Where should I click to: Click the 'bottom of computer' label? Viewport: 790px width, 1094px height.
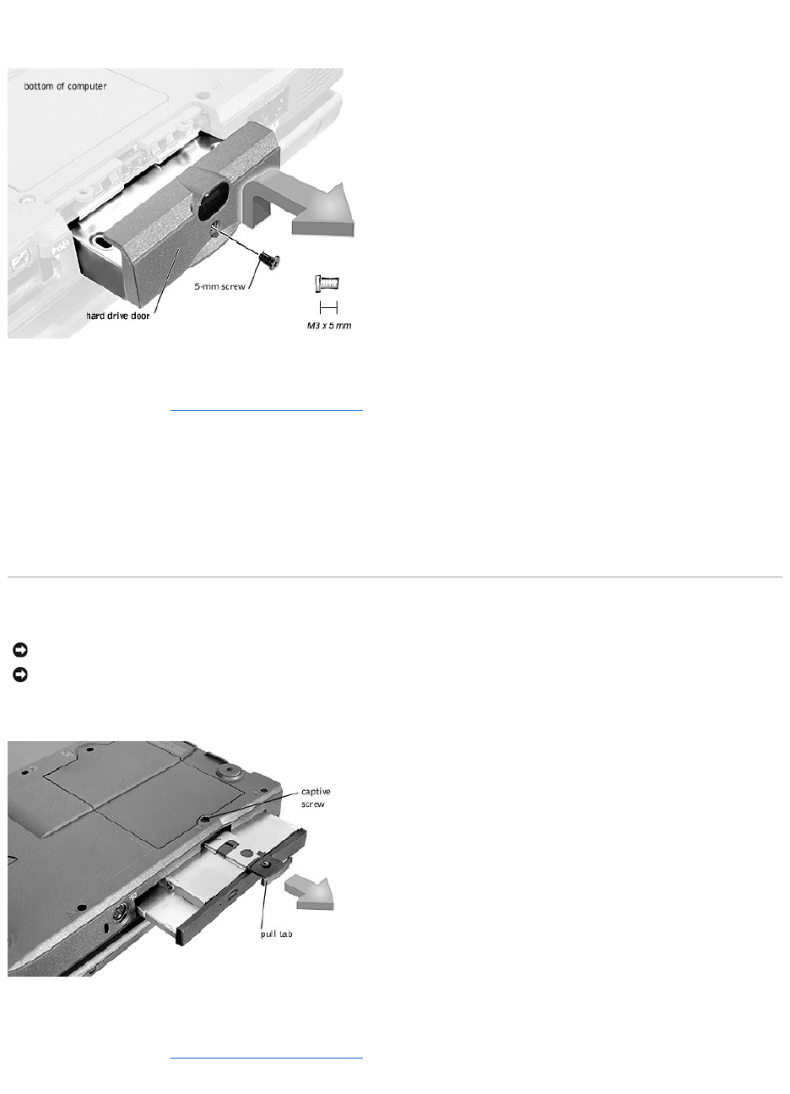65,86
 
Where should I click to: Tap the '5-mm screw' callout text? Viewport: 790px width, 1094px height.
219,287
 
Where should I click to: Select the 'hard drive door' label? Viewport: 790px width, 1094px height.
117,316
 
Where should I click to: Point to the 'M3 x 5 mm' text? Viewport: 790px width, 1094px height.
329,326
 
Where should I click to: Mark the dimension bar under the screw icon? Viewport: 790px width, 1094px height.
328,307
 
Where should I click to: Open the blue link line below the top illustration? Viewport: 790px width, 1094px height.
267,411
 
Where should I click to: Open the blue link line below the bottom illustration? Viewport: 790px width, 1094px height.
267,1058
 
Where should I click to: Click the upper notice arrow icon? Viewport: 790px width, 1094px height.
20,650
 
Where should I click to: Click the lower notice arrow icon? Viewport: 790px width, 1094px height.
20,675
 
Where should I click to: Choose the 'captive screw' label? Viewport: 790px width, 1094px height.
316,798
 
